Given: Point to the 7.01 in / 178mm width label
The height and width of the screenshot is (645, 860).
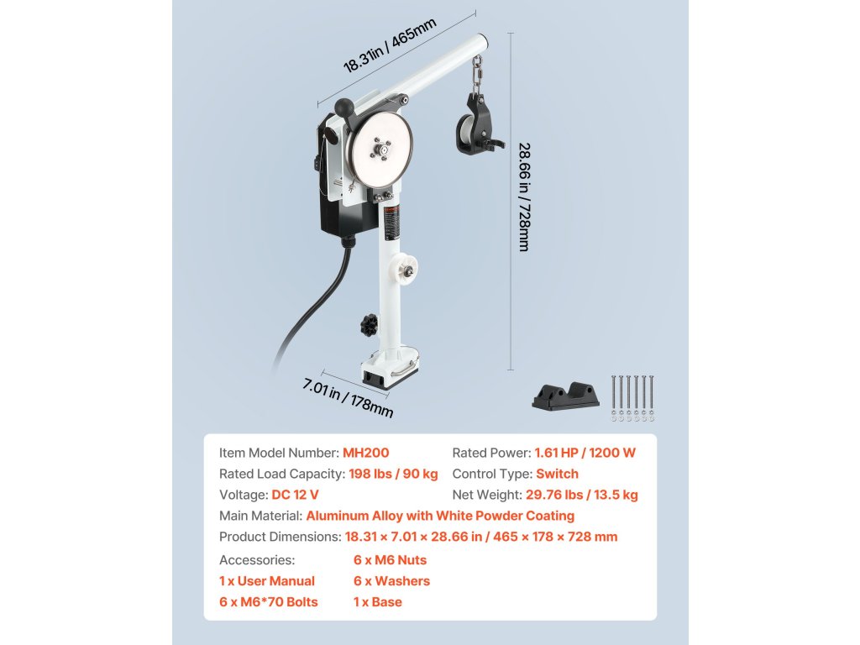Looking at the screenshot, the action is click(348, 398).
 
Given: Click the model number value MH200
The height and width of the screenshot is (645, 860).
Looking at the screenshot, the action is click(366, 453).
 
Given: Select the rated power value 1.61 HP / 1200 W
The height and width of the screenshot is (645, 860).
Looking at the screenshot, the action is click(585, 453).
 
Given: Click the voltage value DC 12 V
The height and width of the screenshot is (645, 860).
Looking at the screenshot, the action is click(295, 496).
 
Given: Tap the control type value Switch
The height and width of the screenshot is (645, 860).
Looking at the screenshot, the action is click(557, 474).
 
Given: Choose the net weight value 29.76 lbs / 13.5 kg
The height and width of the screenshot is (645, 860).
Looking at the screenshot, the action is click(581, 496).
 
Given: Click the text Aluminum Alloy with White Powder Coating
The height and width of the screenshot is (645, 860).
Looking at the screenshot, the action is click(440, 517).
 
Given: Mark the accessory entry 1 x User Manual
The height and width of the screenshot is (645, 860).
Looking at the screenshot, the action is click(267, 581).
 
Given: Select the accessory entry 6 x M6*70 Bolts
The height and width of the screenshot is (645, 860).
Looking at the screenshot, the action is click(269, 602).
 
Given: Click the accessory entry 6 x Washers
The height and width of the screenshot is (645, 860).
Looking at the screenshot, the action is click(391, 581).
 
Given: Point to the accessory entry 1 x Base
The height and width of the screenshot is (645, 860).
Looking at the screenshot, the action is click(378, 602).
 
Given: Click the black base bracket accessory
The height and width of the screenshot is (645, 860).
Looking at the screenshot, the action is click(565, 395).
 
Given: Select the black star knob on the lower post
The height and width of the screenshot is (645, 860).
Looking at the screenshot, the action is click(367, 323).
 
